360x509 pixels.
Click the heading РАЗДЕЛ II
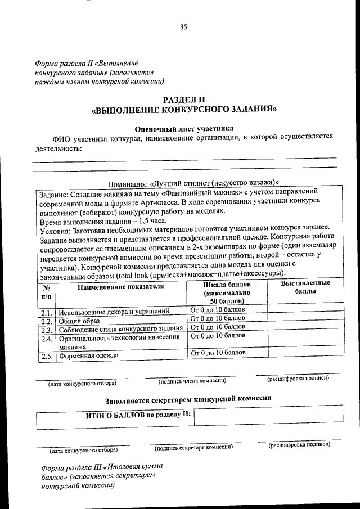point(184,100)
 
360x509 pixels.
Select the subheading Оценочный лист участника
point(183,128)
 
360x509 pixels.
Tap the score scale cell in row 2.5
point(218,353)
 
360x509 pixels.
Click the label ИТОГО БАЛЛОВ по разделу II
point(138,415)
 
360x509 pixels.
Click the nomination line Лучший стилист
point(193,182)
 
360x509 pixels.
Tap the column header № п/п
point(46,290)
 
